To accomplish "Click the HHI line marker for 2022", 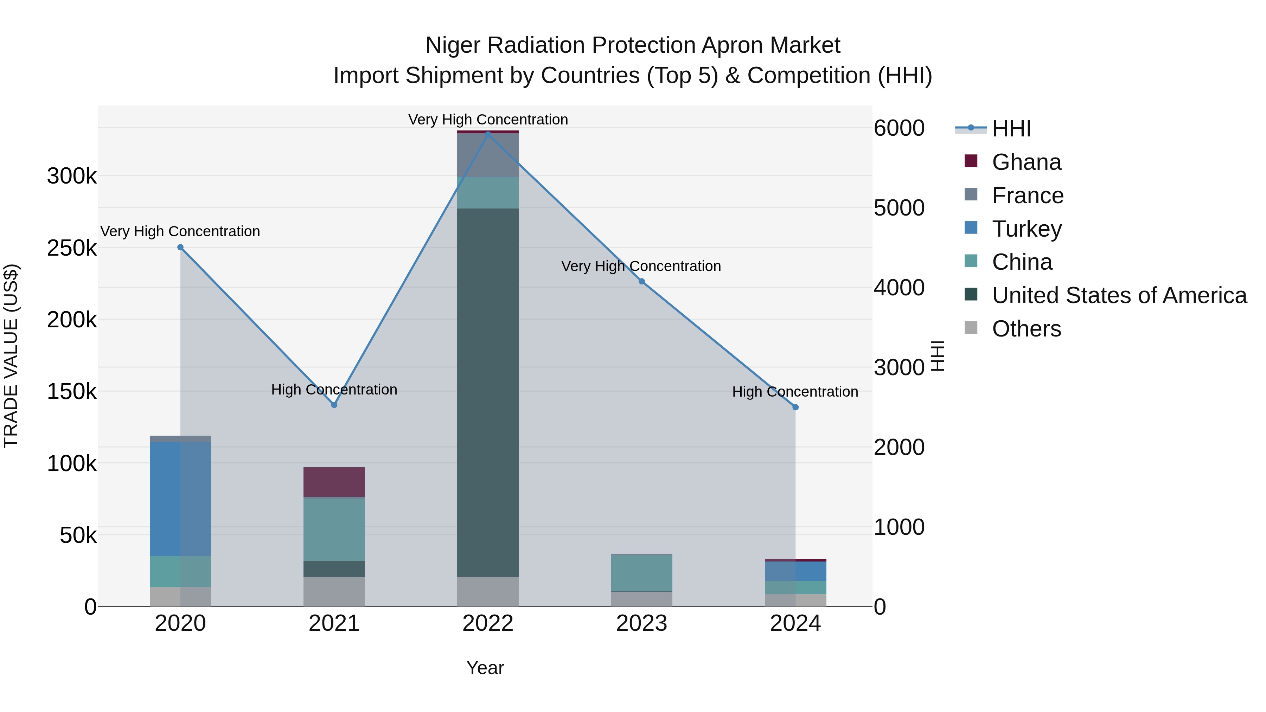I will click(x=487, y=133).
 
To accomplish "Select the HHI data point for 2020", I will click(x=180, y=247).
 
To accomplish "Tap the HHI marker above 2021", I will click(x=334, y=405).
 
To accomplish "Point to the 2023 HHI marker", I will click(x=641, y=282).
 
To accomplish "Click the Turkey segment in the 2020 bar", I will click(x=180, y=499).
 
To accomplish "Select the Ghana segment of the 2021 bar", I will click(x=334, y=482).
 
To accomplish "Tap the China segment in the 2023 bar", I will click(x=641, y=573).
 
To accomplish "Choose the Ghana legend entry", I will click(x=1026, y=162).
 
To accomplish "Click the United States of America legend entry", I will click(x=1119, y=295).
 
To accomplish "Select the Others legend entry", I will click(x=1026, y=329).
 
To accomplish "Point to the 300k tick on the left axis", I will click(x=72, y=176).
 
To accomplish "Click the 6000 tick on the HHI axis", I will click(x=899, y=128).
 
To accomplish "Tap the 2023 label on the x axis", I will click(x=641, y=623).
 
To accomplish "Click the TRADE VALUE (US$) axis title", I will click(x=11, y=356).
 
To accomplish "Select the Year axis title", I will click(x=485, y=668).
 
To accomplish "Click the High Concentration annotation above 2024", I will click(x=795, y=392).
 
